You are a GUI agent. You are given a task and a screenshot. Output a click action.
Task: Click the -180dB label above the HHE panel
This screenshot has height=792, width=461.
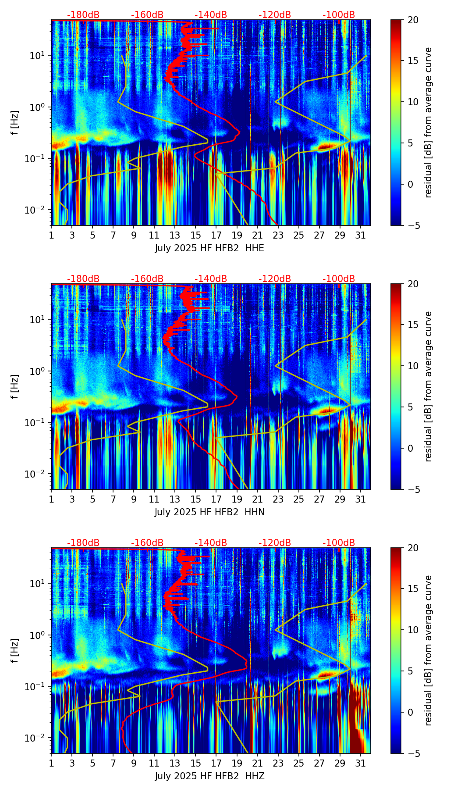pos(83,15)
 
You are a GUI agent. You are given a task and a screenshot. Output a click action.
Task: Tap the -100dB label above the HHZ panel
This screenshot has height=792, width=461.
pos(339,543)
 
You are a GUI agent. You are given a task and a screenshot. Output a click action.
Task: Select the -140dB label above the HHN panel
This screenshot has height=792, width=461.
pos(211,279)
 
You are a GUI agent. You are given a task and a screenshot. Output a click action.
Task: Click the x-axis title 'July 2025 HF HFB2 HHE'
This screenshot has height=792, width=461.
pos(209,248)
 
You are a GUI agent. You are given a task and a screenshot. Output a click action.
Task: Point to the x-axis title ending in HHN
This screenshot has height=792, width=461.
pos(209,512)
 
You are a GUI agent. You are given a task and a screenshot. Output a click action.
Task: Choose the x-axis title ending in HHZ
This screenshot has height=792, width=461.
pos(209,776)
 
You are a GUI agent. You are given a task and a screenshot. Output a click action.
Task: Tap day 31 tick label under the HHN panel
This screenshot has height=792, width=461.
pos(361,499)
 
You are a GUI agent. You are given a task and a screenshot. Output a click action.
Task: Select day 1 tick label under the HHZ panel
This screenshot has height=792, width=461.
pos(52,763)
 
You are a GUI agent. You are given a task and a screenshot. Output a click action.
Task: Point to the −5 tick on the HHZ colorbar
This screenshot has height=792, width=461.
pos(411,753)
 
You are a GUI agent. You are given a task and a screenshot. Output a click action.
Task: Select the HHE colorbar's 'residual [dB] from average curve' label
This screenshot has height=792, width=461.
pos(428,122)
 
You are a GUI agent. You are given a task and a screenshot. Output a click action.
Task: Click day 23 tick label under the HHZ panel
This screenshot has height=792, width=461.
pos(278,763)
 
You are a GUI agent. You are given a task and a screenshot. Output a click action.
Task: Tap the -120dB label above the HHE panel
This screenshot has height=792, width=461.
pos(275,15)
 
